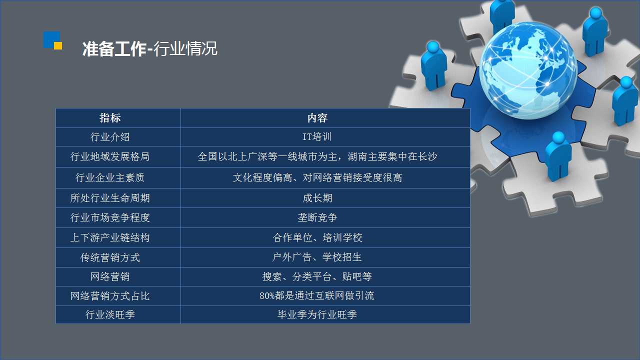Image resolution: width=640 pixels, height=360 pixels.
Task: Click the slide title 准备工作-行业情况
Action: point(149,48)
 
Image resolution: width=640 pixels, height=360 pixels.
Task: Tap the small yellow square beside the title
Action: point(58,45)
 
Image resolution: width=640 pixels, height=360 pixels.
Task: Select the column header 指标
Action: point(110,117)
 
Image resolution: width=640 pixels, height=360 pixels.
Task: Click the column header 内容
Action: point(317,117)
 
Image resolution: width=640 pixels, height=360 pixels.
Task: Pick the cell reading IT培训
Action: point(317,137)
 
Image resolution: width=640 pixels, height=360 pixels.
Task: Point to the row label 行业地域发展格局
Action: point(110,156)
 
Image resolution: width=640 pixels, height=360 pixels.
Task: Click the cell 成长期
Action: point(317,198)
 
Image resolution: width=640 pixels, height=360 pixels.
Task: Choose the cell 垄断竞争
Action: point(317,217)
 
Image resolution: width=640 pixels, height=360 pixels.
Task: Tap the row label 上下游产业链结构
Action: point(110,237)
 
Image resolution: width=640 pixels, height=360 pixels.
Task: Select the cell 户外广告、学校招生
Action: point(317,257)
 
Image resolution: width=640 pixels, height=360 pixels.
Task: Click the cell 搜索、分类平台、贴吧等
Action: point(317,276)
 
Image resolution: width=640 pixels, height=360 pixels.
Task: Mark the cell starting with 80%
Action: point(317,295)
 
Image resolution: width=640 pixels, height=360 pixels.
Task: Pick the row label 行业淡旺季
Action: point(110,314)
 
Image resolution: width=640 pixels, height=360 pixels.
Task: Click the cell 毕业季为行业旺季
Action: point(317,314)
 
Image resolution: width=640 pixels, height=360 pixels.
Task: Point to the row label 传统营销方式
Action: point(110,257)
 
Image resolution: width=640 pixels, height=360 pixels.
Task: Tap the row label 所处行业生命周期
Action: point(110,198)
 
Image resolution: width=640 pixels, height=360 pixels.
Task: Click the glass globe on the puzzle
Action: point(527,70)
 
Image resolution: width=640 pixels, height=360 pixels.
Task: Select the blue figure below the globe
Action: point(558,156)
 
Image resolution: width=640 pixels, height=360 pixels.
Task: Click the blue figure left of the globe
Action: point(434,65)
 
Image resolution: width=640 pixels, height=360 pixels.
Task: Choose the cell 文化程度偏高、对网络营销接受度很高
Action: point(317,177)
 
